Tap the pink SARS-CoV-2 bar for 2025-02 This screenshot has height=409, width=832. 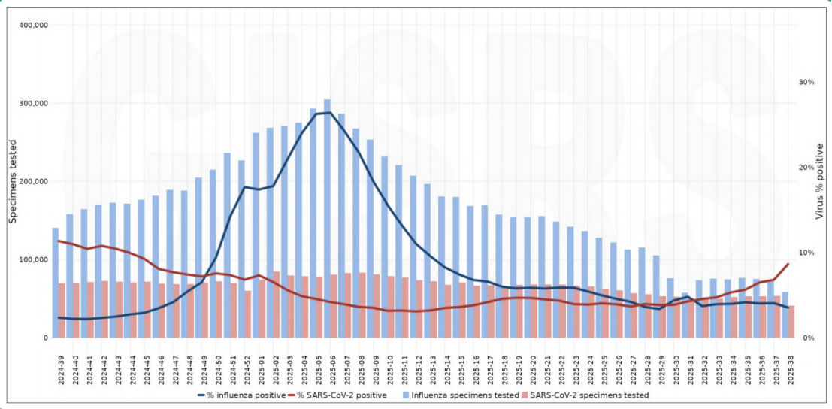pos(277,304)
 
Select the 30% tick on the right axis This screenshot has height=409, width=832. pos(806,82)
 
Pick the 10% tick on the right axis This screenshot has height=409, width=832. pos(806,253)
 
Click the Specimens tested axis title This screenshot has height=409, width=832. pos(13,182)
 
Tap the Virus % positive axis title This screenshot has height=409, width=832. pos(820,182)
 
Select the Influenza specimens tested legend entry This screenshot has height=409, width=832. pos(460,395)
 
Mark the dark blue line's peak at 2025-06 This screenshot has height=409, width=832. pos(328,113)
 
